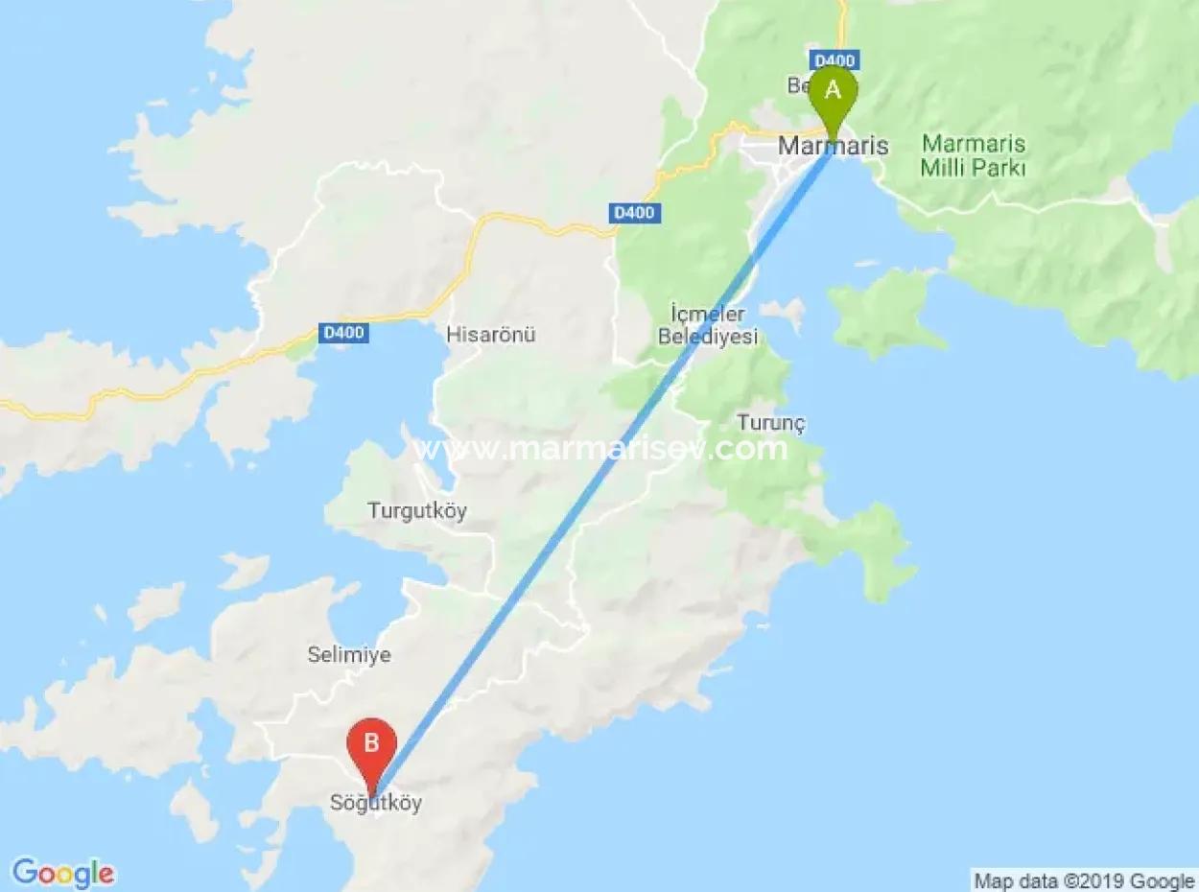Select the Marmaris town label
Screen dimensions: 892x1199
coord(833,147)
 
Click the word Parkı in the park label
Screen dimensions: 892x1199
coord(999,169)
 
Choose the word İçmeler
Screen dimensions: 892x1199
coord(708,314)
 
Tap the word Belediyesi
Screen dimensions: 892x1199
coord(708,337)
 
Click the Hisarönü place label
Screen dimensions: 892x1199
coord(490,335)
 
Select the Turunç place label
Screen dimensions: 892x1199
coord(771,423)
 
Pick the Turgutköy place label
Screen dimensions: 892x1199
coord(417,511)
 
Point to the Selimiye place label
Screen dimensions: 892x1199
coord(349,655)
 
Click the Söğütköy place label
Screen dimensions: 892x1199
coord(376,804)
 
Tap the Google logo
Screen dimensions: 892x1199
coord(63,873)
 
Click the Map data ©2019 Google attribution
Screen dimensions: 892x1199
coord(1084,880)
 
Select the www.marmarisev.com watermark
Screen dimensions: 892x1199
coord(601,449)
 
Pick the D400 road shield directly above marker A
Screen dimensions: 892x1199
coord(833,59)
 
